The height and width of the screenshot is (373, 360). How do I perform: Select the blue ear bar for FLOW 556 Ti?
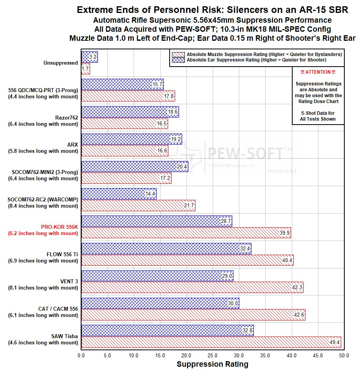(x=166, y=248)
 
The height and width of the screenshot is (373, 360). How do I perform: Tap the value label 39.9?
(x=285, y=233)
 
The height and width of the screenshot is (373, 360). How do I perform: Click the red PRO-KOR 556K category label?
(x=60, y=227)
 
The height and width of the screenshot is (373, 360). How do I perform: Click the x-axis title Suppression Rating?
(x=212, y=364)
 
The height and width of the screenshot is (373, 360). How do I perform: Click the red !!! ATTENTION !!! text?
(x=318, y=72)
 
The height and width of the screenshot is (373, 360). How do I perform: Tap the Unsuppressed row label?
(x=61, y=63)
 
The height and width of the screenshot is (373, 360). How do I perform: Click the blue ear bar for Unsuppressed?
(x=89, y=57)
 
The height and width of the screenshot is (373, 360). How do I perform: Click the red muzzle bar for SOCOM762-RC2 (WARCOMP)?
(x=138, y=205)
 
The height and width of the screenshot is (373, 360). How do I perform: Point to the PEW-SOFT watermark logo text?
(x=255, y=152)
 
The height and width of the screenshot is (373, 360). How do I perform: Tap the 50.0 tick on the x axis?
(x=344, y=356)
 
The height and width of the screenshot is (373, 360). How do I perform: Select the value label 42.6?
(x=299, y=315)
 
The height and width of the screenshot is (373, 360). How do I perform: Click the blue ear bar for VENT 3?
(x=157, y=276)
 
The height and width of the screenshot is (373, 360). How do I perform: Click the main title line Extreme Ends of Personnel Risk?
(x=212, y=10)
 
